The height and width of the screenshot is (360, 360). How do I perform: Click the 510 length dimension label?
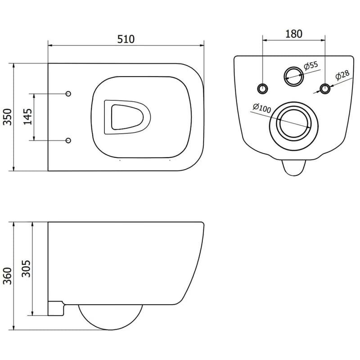pyautogui.click(x=126, y=39)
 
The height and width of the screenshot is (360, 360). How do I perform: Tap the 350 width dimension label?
pyautogui.click(x=8, y=117)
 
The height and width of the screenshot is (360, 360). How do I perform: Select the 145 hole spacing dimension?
pyautogui.click(x=28, y=117)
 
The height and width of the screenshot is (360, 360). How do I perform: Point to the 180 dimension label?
pyautogui.click(x=294, y=34)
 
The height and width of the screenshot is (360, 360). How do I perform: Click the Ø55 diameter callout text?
pyautogui.click(x=311, y=65)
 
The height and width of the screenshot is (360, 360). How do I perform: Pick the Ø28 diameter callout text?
pyautogui.click(x=342, y=75)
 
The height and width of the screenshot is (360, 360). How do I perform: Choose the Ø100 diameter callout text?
pyautogui.click(x=262, y=108)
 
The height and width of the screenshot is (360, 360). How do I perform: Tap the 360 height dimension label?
pyautogui.click(x=8, y=276)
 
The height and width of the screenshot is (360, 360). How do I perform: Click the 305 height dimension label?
pyautogui.click(x=26, y=268)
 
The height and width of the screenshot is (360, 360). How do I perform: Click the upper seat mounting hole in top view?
pyautogui.click(x=68, y=94)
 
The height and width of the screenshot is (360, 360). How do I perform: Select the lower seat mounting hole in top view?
pyautogui.click(x=68, y=140)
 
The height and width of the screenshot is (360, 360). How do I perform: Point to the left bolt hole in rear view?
pyautogui.click(x=262, y=88)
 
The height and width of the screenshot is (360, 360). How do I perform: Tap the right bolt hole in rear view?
pyautogui.click(x=325, y=88)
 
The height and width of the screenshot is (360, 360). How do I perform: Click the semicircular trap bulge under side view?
pyautogui.click(x=110, y=329)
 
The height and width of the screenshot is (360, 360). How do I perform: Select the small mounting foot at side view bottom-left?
pyautogui.click(x=55, y=308)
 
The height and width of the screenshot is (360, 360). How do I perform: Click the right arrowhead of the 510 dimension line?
pyautogui.click(x=202, y=45)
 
